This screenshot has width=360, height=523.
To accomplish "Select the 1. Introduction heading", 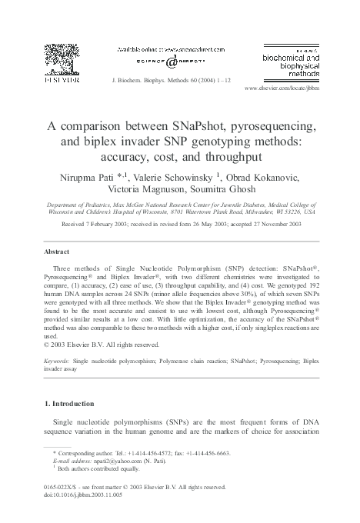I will tap(71, 404).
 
